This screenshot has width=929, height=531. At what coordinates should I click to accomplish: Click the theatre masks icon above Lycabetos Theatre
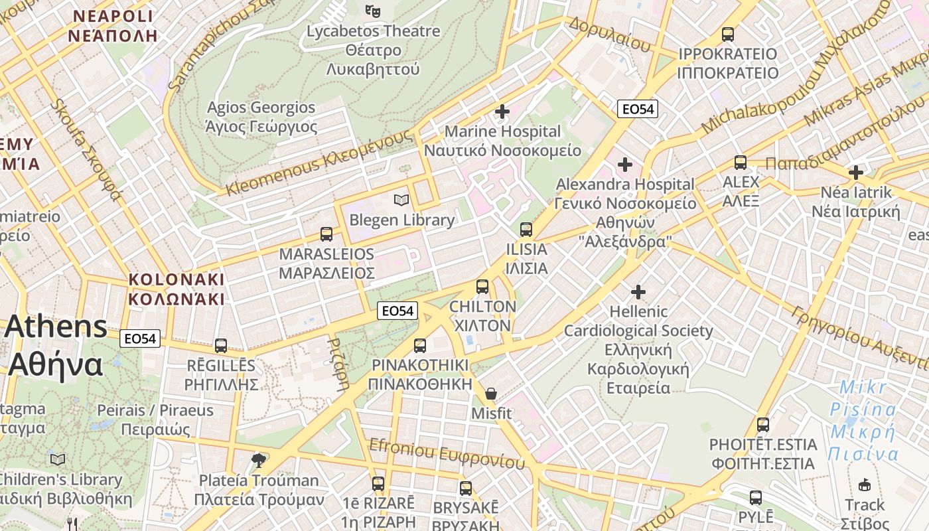[373, 11]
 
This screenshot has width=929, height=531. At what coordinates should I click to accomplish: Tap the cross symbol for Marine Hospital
[502, 111]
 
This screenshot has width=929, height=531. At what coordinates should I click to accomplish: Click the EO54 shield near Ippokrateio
[637, 110]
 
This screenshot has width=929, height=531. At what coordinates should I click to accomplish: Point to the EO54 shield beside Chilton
[397, 310]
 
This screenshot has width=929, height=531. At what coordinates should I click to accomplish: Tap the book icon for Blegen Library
[401, 199]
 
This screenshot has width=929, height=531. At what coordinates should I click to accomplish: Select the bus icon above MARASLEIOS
[326, 234]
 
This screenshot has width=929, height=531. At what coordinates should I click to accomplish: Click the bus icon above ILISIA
[526, 230]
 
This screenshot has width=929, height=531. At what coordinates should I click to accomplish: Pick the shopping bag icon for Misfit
[491, 393]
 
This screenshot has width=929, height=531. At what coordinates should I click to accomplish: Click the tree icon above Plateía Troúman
[259, 459]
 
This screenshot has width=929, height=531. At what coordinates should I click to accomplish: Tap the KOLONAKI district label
[177, 289]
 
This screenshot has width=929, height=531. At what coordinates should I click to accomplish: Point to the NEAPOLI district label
[113, 26]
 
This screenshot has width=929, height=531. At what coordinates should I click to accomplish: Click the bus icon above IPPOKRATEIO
[728, 34]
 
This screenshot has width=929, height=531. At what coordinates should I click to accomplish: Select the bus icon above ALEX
[740, 162]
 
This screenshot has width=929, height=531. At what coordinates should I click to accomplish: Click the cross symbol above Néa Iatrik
[856, 173]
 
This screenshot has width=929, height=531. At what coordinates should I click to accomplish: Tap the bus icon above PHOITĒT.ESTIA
[763, 424]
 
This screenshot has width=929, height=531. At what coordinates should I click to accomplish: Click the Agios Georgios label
[261, 117]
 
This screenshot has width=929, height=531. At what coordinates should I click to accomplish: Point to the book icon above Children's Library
[58, 459]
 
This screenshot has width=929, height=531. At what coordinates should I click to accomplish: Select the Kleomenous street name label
[319, 163]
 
